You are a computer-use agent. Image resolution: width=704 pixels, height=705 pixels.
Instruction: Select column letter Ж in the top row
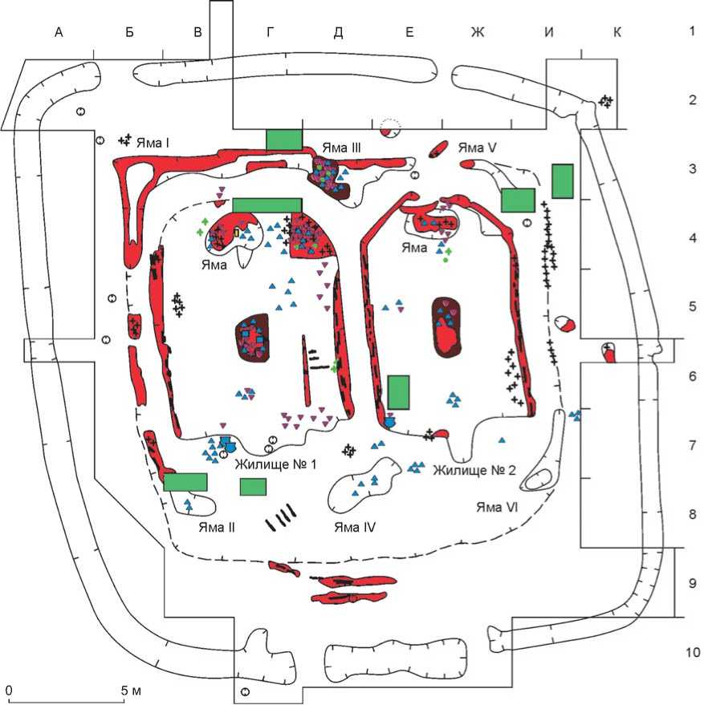point(478,32)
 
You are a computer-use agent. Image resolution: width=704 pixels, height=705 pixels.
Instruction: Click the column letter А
point(58,32)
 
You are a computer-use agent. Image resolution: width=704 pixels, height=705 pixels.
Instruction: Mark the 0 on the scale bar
point(9,689)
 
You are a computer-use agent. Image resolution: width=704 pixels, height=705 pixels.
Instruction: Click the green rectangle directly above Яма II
point(185,482)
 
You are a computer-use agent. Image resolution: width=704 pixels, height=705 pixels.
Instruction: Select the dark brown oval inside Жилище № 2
point(448,327)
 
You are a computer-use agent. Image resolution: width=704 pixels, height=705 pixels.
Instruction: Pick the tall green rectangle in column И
point(563,180)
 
